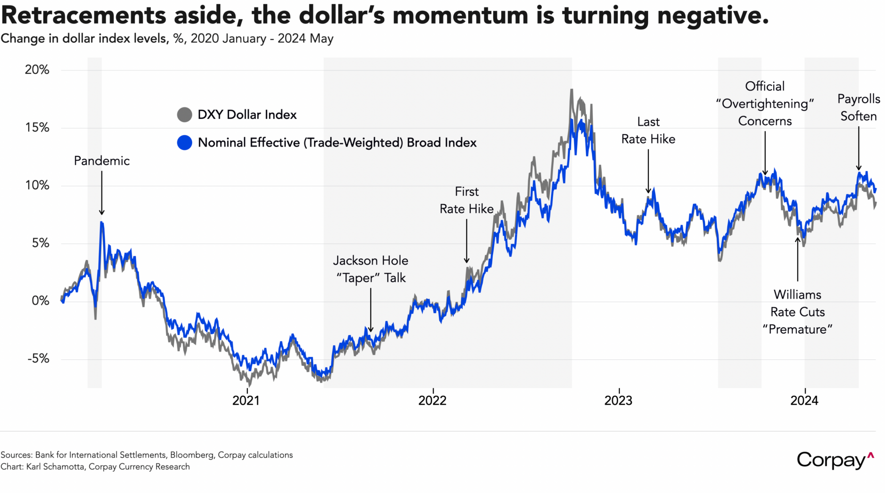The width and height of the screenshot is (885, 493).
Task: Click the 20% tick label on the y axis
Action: click(37, 70)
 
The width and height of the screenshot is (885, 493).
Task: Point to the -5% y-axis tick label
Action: click(38, 359)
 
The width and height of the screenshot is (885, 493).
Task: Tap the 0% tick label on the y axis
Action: click(40, 301)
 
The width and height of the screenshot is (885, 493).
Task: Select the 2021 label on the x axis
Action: click(246, 400)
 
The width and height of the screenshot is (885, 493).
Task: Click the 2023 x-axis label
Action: click(618, 400)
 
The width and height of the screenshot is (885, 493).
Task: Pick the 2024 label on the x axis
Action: click(804, 400)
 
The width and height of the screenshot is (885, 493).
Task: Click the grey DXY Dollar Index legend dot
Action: click(184, 115)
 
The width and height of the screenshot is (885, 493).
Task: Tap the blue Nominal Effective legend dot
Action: click(184, 143)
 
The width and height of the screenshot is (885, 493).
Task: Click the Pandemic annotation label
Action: click(102, 161)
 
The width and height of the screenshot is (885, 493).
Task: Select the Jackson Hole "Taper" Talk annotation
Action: click(371, 269)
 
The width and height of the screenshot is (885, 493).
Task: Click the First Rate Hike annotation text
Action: click(466, 200)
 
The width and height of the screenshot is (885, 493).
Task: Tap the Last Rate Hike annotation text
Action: click(648, 131)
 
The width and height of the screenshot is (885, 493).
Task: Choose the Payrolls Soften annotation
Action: click(858, 107)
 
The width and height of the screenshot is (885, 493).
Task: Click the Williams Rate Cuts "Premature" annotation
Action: click(797, 312)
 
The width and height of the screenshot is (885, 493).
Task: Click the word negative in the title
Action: click(713, 15)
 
